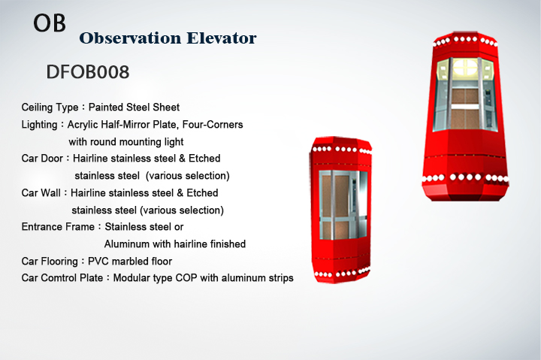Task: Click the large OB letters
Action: pos(50,23)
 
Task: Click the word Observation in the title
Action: pos(130,38)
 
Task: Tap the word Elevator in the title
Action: pos(222,38)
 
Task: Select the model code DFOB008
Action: pos(88,72)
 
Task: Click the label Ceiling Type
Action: pos(50,107)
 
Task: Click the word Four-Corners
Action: pos(213,124)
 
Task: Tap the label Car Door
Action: pos(42,158)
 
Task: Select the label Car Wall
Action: pos(41,192)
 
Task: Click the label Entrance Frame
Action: pos(58,226)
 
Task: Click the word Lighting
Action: pos(39,125)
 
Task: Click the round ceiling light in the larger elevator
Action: pos(465,67)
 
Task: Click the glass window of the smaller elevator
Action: pos(343,204)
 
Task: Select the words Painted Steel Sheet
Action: pos(134,107)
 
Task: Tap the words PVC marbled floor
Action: pos(130,261)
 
